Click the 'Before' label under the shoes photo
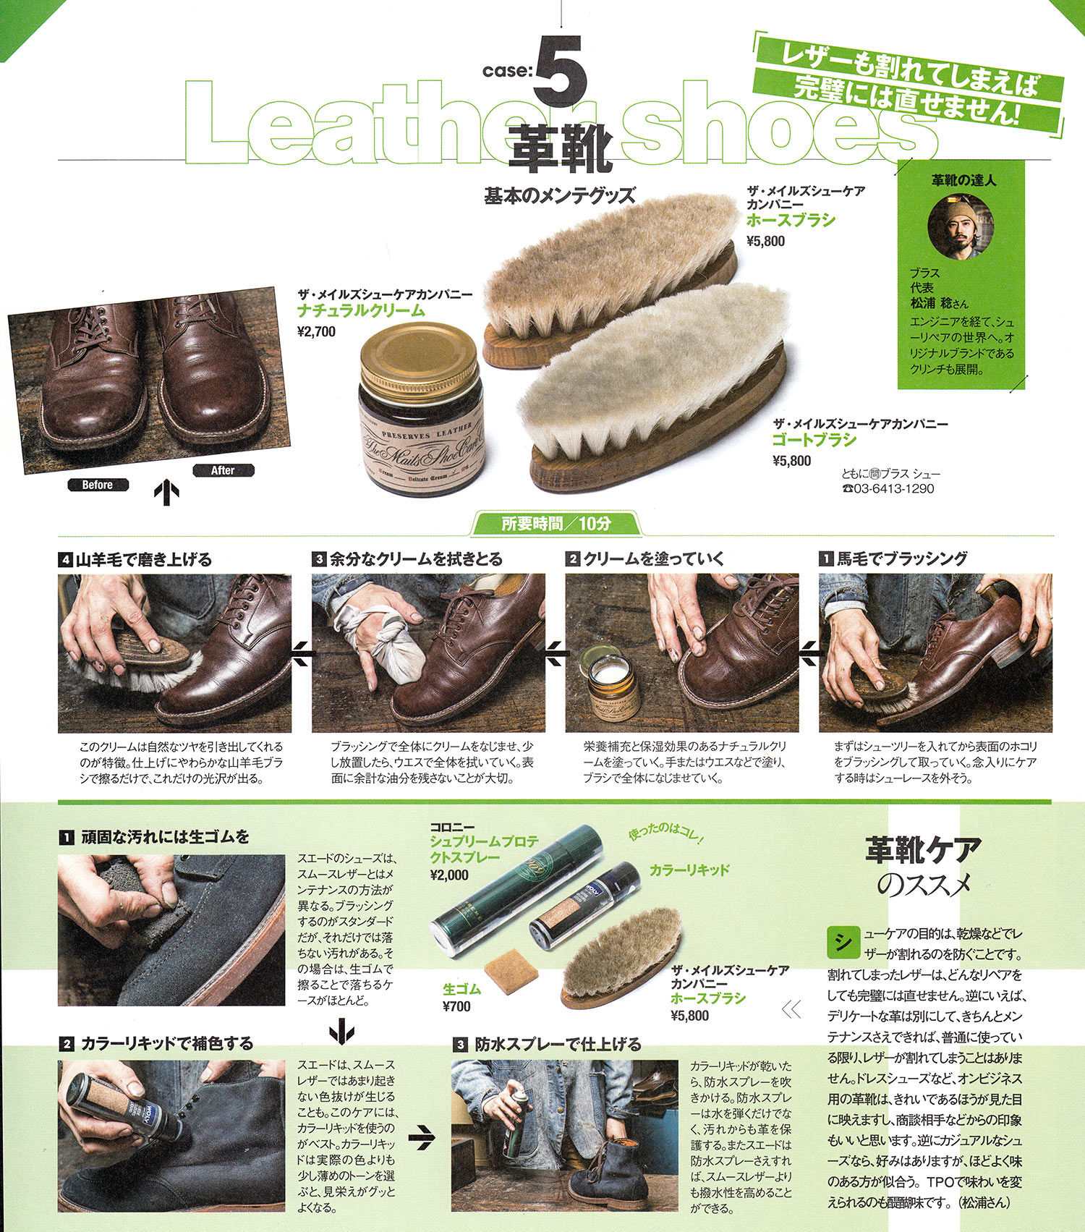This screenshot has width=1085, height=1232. pos(98,485)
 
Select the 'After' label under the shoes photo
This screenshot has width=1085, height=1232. pos(223,470)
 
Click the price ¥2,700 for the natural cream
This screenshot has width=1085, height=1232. pos(317,332)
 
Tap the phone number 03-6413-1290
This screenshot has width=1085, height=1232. pos(894,489)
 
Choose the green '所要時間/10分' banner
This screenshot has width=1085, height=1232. pos(556,524)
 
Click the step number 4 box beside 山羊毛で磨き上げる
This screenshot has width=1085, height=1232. pos(66,559)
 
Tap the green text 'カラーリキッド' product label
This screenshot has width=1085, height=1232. pos(689,870)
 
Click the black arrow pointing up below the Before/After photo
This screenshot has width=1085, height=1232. pos(166,493)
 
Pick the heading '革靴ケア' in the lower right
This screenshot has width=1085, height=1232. pos(924,850)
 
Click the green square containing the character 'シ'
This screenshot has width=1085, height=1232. pos(843,941)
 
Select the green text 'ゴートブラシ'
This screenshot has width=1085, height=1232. pos(814,440)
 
